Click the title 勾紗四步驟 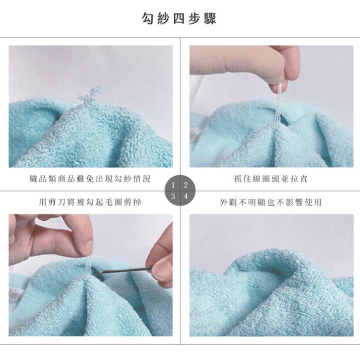[x=180, y=19]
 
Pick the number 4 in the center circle [x=186, y=197]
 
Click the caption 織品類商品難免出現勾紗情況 [x=90, y=179]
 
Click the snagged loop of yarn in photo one [x=90, y=95]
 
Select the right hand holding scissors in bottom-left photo [x=161, y=259]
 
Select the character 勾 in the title [x=148, y=19]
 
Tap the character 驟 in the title [x=211, y=19]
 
